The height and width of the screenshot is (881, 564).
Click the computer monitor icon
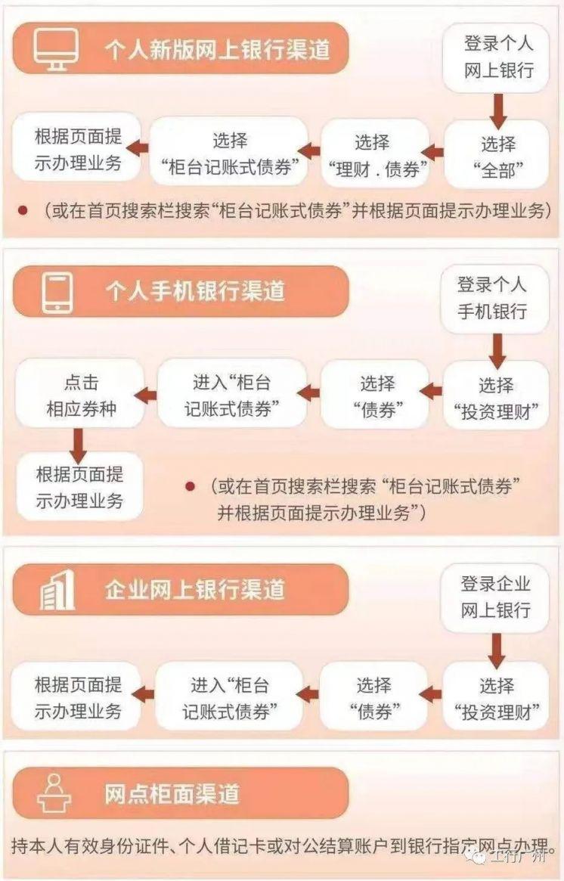(x=55, y=49)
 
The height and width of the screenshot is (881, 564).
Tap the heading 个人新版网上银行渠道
(x=217, y=50)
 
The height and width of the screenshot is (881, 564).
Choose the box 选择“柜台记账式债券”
(x=228, y=152)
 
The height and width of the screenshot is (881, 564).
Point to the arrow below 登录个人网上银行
(x=497, y=110)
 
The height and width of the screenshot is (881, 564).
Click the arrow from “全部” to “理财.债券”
(x=432, y=152)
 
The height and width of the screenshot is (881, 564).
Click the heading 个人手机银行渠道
(x=195, y=292)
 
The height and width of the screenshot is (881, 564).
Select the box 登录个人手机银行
(x=493, y=299)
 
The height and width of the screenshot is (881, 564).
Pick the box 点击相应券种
(x=80, y=394)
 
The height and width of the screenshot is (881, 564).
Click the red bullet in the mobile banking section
(x=191, y=486)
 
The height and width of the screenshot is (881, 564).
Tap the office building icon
(x=57, y=591)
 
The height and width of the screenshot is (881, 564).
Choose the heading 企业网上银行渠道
(x=195, y=590)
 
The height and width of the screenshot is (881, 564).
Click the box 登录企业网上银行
(x=494, y=598)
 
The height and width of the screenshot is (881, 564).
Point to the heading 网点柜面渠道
(x=172, y=794)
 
